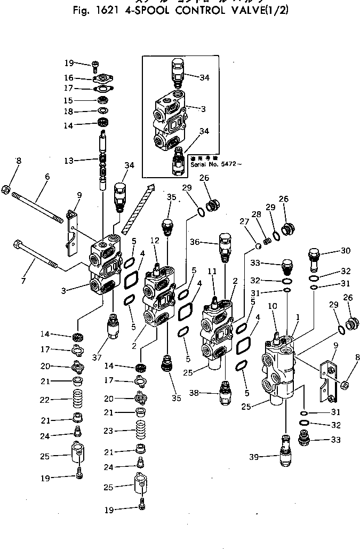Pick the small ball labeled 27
click(257, 246)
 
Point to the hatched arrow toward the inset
click(137, 209)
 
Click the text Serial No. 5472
click(213, 164)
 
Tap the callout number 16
click(68, 77)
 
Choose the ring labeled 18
click(102, 112)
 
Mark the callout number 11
click(212, 272)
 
